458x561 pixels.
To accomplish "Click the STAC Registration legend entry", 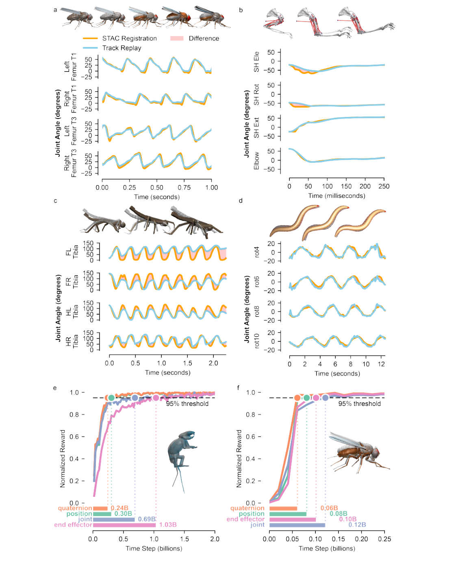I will pyautogui.click(x=129, y=39).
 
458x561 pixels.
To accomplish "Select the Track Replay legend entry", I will pyautogui.click(x=122, y=48).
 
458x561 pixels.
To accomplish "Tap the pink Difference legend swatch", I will pyautogui.click(x=177, y=39).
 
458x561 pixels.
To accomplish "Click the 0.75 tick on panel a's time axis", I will pyautogui.click(x=184, y=188).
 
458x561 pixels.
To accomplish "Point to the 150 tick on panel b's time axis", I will pyautogui.click(x=346, y=186).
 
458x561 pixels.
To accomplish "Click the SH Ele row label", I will pyautogui.click(x=256, y=62).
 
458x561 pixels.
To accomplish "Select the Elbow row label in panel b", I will pyautogui.click(x=256, y=161).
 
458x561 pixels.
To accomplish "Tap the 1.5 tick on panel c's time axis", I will pyautogui.click(x=187, y=363).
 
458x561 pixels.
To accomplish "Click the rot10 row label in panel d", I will pyautogui.click(x=256, y=341).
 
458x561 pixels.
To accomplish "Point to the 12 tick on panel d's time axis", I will pyautogui.click(x=381, y=364).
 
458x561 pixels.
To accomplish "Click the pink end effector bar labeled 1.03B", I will pyautogui.click(x=124, y=525).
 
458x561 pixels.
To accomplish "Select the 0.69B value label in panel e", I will pyautogui.click(x=147, y=519).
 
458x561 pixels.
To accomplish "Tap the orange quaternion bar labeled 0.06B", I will pyautogui.click(x=283, y=508).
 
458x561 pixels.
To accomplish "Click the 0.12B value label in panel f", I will pyautogui.click(x=357, y=525).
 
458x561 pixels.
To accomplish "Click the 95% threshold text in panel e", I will pyautogui.click(x=187, y=404).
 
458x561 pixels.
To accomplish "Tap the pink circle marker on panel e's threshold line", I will pyautogui.click(x=156, y=398).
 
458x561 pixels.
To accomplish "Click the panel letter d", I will pyautogui.click(x=241, y=201).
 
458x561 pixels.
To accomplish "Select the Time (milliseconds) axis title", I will pyautogui.click(x=336, y=196).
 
